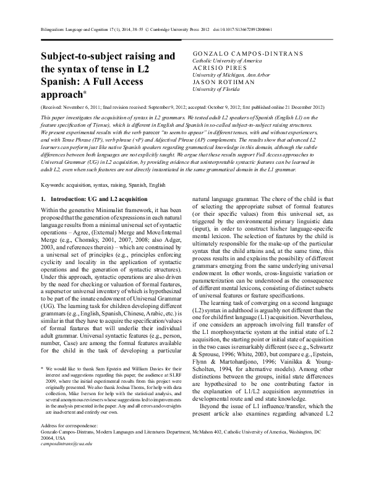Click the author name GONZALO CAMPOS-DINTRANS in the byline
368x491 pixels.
click(x=248, y=54)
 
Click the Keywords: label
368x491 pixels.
click(x=54, y=185)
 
